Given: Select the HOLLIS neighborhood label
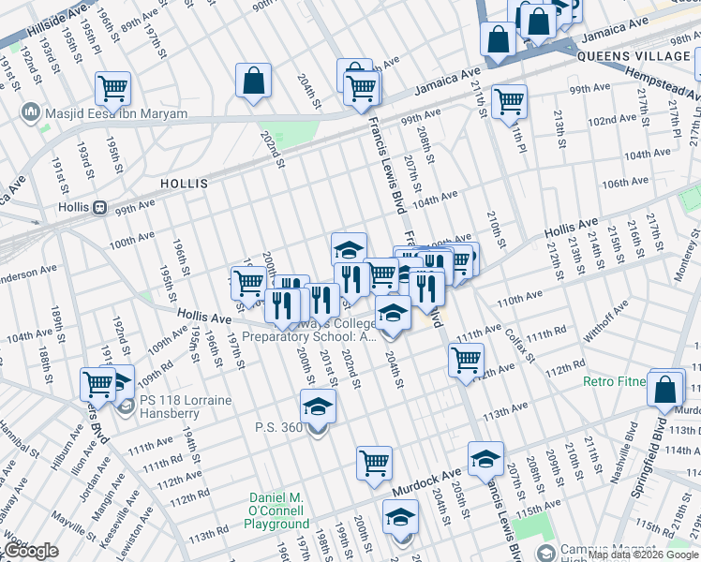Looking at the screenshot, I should (184, 184).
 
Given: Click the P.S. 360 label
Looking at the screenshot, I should (279, 428).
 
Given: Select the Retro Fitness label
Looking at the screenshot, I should (615, 381).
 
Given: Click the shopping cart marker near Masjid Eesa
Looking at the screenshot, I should (112, 89).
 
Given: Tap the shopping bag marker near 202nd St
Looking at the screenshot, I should (253, 81).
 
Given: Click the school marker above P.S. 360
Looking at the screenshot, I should (318, 406).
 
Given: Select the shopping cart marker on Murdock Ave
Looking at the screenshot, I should (374, 462).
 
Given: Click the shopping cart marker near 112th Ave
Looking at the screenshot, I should (466, 360).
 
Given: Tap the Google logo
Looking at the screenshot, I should (30, 551).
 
